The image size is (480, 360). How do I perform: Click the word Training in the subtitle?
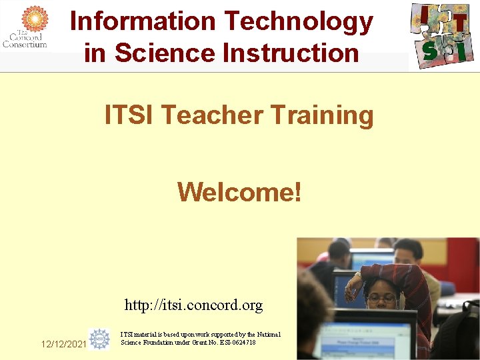click(x=322, y=115)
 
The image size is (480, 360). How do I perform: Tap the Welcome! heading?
click(x=239, y=193)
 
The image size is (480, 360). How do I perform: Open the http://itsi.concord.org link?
click(x=193, y=305)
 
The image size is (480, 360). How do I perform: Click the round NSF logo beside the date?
click(x=100, y=339)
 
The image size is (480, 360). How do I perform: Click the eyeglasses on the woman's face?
click(x=381, y=299)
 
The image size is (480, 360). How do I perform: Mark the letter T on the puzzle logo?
click(x=459, y=24)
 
